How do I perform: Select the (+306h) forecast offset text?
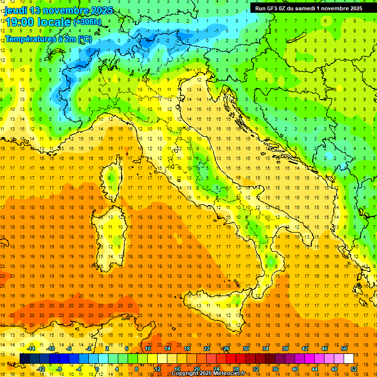pyautogui.click(x=87, y=22)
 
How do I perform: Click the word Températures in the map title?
pyautogui.click(x=27, y=39)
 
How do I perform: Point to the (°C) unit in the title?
pyautogui.click(x=84, y=39)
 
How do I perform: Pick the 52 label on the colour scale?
pyautogui.click(x=354, y=369)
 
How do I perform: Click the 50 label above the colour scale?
pyautogui.click(x=344, y=349)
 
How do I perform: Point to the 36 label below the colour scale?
pyautogui.click(x=275, y=369)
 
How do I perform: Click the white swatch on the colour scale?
pyautogui.click(x=349, y=359)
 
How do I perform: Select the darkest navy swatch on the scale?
pyautogui.click(x=25, y=359)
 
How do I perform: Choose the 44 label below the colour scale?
pyautogui.click(x=315, y=369)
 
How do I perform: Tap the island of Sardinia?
pyautogui.click(x=112, y=231)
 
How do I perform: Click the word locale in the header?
pyautogui.click(x=54, y=22)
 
